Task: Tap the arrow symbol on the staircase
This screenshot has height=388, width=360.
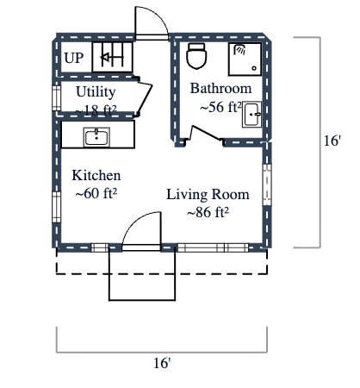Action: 109,59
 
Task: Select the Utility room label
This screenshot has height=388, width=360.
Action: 96,91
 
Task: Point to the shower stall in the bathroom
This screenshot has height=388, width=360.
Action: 245,59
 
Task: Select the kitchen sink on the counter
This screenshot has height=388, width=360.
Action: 96,136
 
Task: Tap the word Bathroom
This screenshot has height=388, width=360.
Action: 220,89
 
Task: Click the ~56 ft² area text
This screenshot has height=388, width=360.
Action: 220,108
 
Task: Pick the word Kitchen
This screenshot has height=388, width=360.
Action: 96,175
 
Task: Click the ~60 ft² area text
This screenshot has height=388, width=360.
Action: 96,193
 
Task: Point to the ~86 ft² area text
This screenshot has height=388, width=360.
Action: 208,212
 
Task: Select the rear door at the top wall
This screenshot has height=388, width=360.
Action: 148,22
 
